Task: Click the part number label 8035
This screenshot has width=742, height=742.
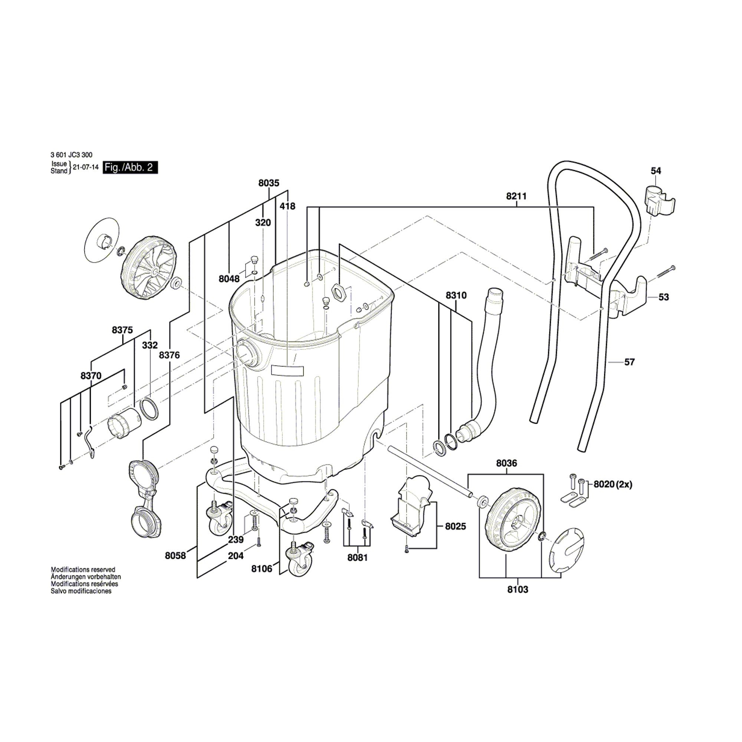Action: click(269, 183)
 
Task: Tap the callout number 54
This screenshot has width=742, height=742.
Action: click(656, 171)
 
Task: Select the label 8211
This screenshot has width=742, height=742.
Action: click(516, 196)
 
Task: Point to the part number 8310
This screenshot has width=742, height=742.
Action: click(456, 295)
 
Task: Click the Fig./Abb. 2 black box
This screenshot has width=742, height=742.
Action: click(130, 168)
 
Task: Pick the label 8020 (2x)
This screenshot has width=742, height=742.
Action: click(613, 485)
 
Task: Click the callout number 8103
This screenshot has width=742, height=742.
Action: click(518, 590)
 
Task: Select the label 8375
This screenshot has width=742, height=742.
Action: click(122, 330)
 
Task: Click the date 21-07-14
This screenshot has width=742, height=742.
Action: click(86, 167)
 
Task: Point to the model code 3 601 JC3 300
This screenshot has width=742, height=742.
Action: click(72, 155)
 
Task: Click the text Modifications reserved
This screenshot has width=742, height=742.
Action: click(83, 570)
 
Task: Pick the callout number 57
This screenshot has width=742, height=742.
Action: click(630, 362)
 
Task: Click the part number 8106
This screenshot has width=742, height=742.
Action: click(262, 569)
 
